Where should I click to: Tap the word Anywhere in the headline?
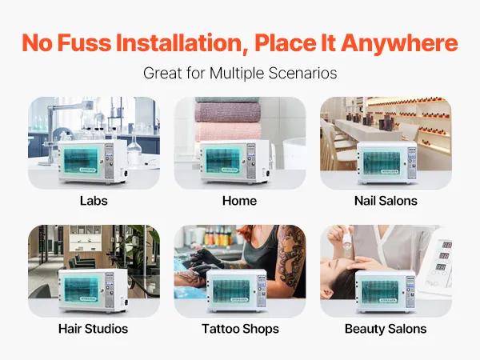tap(399, 43)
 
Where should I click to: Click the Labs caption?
tap(94, 201)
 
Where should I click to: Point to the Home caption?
tap(239, 201)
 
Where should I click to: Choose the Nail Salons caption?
tap(386, 201)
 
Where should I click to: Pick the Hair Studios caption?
tap(94, 329)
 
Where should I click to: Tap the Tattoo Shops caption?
tap(240, 329)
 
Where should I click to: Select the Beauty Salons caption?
tap(386, 329)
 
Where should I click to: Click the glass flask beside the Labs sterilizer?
tap(134, 150)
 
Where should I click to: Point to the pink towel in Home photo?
tap(227, 132)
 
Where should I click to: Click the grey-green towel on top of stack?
tap(227, 100)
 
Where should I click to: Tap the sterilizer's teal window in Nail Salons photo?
tap(381, 163)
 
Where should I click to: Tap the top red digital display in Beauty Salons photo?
tap(447, 246)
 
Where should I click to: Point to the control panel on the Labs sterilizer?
tap(109, 162)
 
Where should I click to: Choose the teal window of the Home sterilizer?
tap(223, 160)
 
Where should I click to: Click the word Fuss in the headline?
tap(85, 43)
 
